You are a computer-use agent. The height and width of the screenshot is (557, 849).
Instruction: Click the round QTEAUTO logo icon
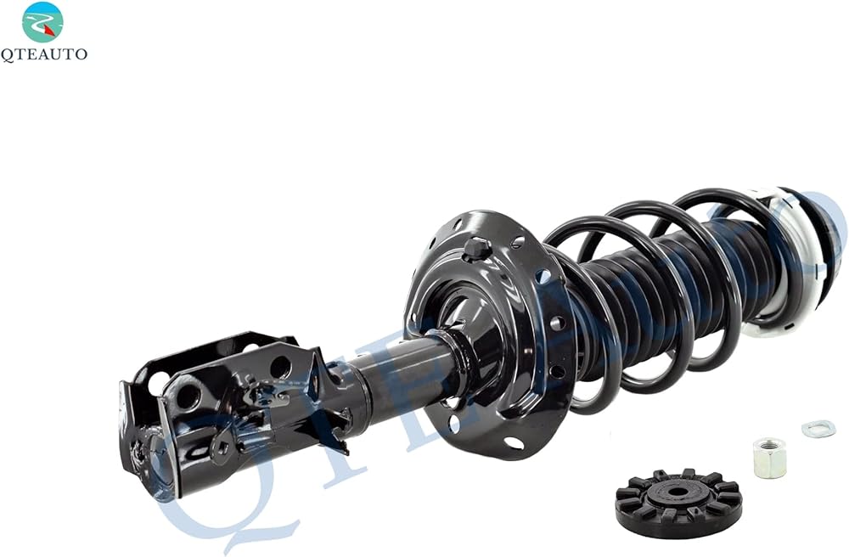[42, 22]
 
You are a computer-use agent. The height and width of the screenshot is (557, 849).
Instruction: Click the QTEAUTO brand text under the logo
[43, 54]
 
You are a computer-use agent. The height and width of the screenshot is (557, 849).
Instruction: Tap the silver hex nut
[769, 458]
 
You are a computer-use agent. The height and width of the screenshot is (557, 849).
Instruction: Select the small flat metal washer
[818, 429]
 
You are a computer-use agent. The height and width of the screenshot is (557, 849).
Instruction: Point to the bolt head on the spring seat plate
[477, 248]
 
